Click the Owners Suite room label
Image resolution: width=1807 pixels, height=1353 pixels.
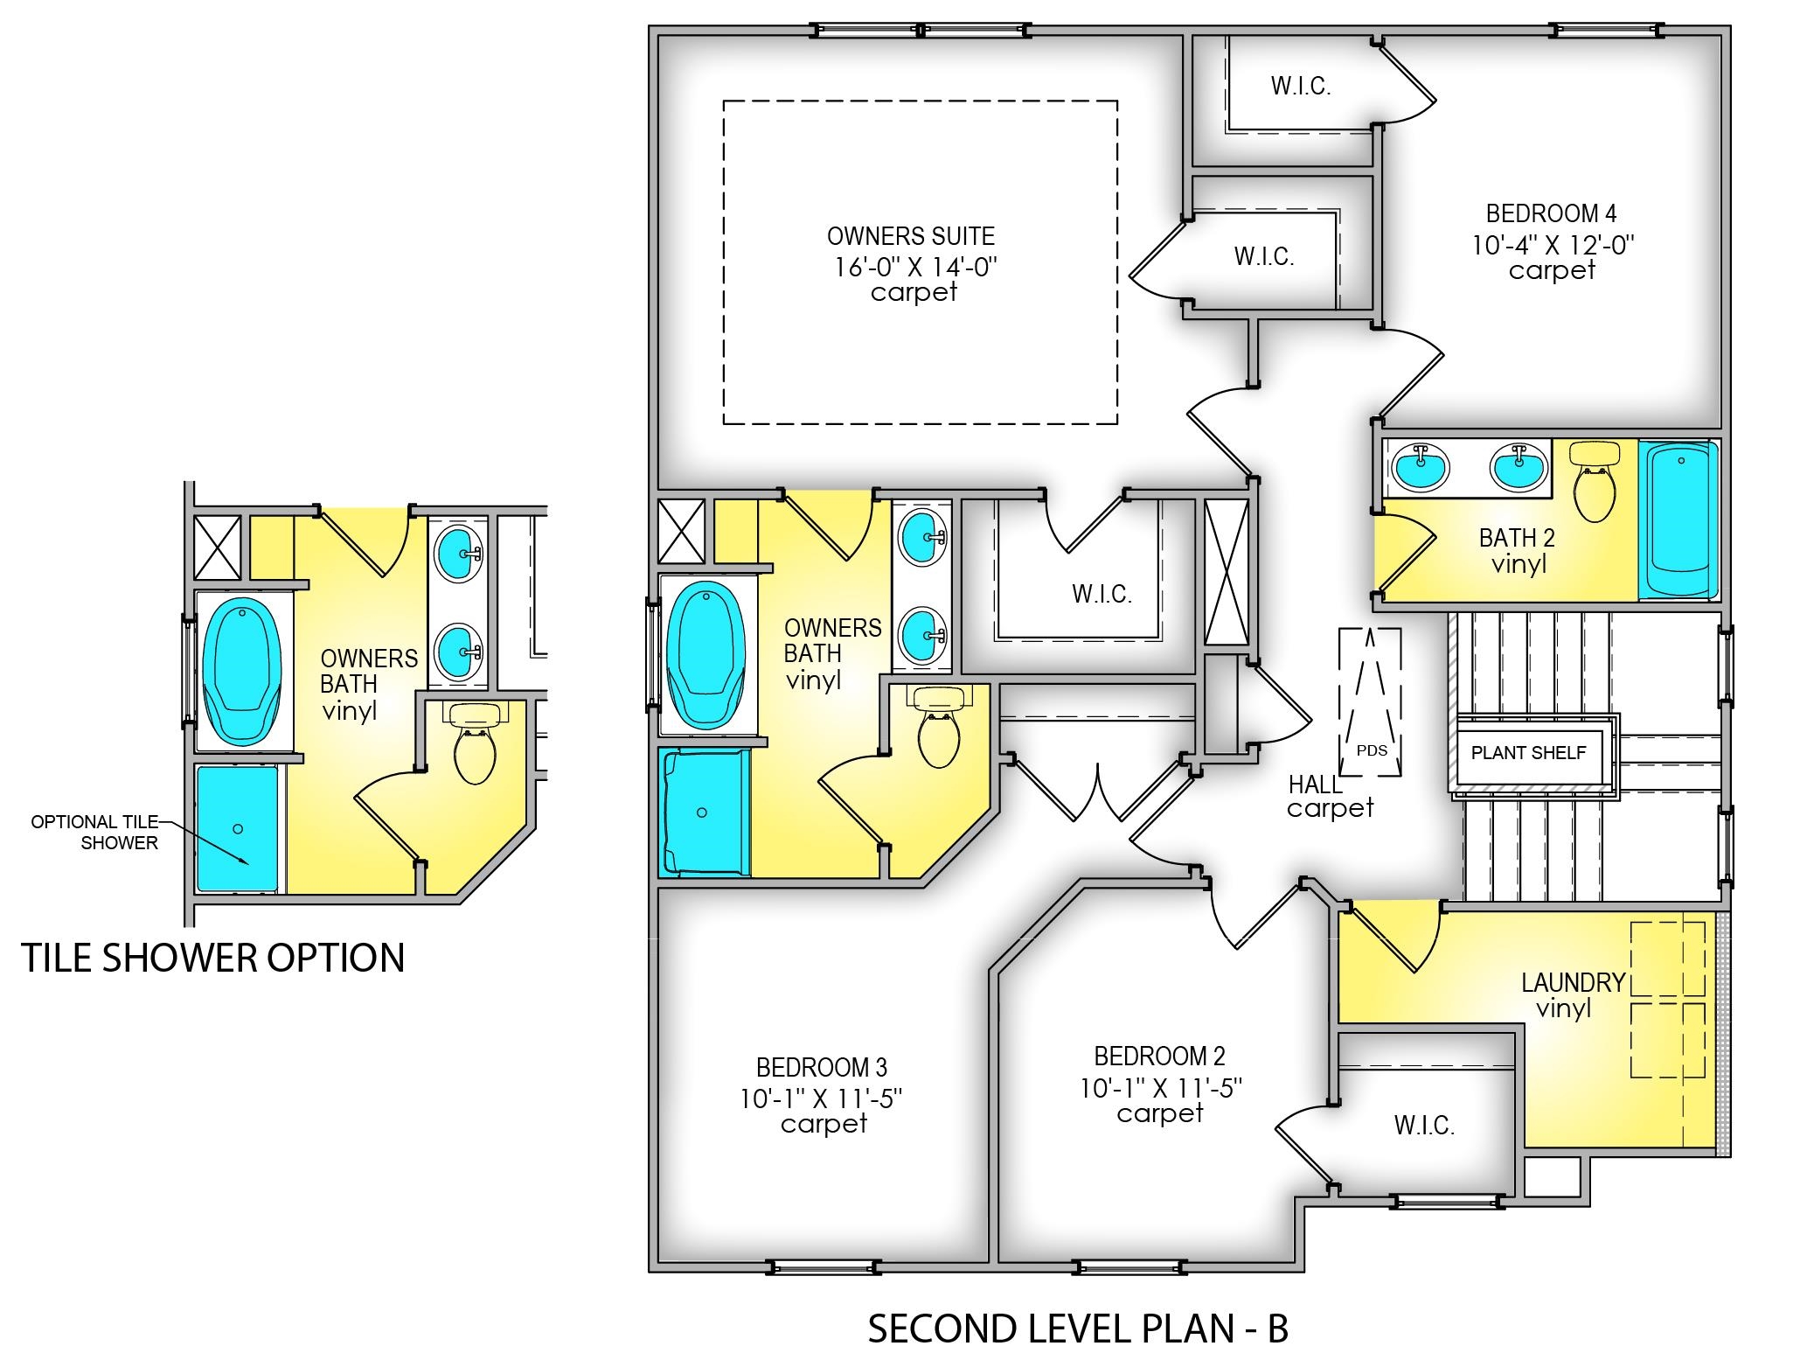coord(911,236)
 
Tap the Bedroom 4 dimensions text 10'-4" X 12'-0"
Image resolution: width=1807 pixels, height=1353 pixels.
coord(1553,245)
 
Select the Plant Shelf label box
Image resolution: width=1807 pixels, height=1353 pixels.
coord(1528,753)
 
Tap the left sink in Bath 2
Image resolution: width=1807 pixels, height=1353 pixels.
coord(1421,467)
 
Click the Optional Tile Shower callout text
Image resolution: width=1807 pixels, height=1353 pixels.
coord(94,833)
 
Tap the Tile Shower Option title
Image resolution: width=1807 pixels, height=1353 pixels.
coord(212,958)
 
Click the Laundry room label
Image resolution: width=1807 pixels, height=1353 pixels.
coord(1573,983)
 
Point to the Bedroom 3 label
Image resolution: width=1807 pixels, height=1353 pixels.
coord(822,1068)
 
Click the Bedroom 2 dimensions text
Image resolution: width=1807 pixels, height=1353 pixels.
coord(1161,1089)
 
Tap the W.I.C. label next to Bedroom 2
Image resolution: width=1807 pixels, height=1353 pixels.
coord(1424,1126)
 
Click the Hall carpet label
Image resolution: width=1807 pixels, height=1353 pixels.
coord(1329,797)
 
